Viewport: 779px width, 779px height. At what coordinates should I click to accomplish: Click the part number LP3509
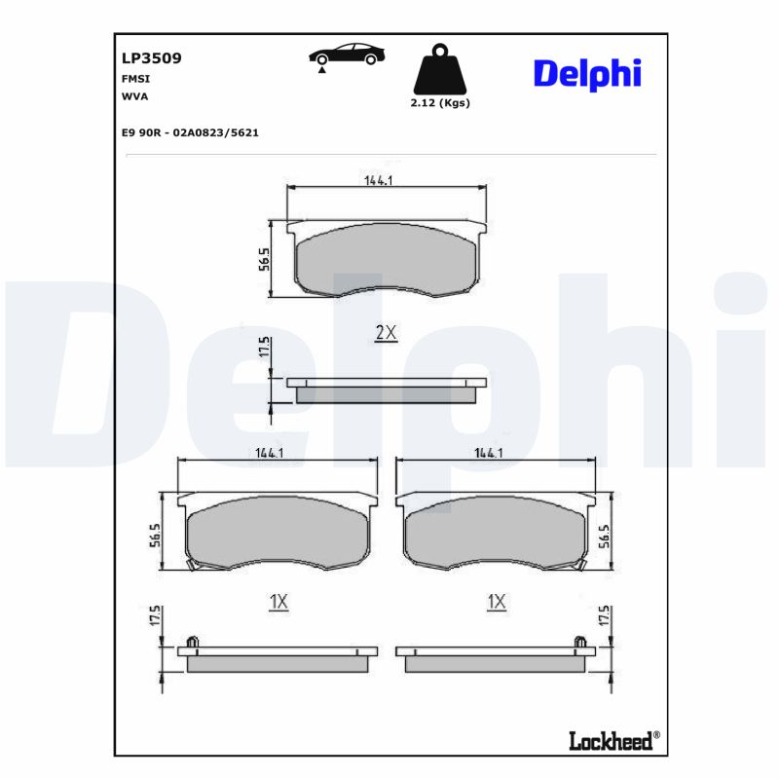[151, 58]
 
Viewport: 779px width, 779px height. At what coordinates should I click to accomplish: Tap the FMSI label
[134, 78]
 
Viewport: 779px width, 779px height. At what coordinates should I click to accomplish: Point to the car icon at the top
[344, 55]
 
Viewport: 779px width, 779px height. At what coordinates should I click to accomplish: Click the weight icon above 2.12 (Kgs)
[440, 69]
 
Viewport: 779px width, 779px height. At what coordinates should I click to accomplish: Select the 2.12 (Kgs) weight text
[440, 103]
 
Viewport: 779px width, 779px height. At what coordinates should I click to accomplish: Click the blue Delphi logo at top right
[586, 73]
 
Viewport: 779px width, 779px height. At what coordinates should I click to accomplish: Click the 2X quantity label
[387, 333]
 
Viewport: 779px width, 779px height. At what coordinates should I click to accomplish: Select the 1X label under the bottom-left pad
[278, 603]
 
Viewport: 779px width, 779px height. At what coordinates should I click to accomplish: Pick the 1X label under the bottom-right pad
[497, 603]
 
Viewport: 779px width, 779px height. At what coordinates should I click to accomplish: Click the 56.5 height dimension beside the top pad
[264, 261]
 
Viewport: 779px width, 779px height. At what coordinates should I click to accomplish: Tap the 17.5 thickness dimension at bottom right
[605, 617]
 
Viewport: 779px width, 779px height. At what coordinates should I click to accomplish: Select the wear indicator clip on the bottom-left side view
[193, 642]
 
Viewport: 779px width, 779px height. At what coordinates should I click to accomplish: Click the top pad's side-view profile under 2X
[387, 389]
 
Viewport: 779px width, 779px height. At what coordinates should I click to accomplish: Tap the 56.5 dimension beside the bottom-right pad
[605, 536]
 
